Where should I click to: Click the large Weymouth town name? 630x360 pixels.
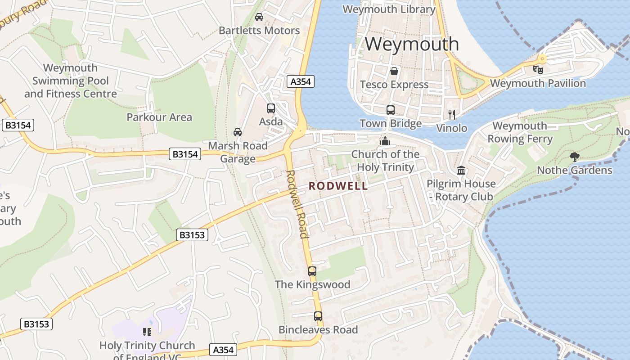pyautogui.click(x=412, y=44)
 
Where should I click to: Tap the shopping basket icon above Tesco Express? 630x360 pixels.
pyautogui.click(x=394, y=71)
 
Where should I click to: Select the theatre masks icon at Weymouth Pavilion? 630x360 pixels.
pyautogui.click(x=538, y=69)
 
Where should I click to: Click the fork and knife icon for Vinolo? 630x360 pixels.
pyautogui.click(x=452, y=114)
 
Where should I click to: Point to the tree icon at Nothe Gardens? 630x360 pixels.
pyautogui.click(x=574, y=157)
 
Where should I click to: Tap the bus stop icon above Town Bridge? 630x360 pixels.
pyautogui.click(x=391, y=110)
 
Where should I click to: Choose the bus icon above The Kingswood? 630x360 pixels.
pyautogui.click(x=312, y=271)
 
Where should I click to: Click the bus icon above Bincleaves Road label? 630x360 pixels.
pyautogui.click(x=318, y=316)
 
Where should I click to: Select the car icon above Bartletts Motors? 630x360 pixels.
pyautogui.click(x=259, y=17)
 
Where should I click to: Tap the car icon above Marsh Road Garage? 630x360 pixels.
pyautogui.click(x=237, y=132)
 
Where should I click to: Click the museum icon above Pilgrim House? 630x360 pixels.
pyautogui.click(x=461, y=170)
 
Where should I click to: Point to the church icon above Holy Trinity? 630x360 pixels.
pyautogui.click(x=384, y=141)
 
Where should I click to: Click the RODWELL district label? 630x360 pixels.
pyautogui.click(x=338, y=186)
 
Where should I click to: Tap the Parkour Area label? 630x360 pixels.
pyautogui.click(x=159, y=117)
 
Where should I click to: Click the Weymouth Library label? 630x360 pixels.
pyautogui.click(x=389, y=9)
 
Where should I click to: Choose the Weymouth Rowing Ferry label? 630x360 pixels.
pyautogui.click(x=520, y=132)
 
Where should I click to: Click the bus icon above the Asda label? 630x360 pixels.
pyautogui.click(x=271, y=108)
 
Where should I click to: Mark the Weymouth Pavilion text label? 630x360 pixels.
pyautogui.click(x=538, y=83)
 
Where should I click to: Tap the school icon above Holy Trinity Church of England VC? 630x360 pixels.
pyautogui.click(x=147, y=332)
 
